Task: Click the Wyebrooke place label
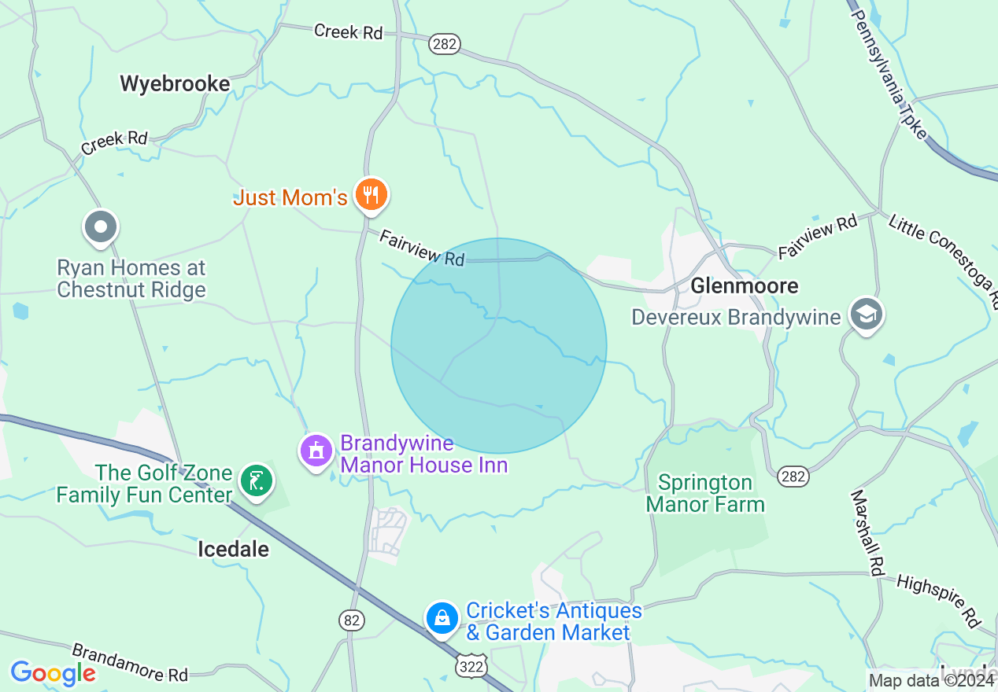click(x=175, y=84)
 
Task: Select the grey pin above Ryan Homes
click(x=100, y=228)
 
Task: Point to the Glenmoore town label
click(x=744, y=285)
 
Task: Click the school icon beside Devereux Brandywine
click(x=866, y=315)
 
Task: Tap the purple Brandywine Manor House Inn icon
click(x=316, y=451)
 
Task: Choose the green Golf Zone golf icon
click(x=256, y=480)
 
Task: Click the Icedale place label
click(x=233, y=549)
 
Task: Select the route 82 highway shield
click(x=353, y=620)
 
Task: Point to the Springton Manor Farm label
click(x=705, y=493)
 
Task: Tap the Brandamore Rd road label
click(x=130, y=663)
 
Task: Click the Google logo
click(x=53, y=673)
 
